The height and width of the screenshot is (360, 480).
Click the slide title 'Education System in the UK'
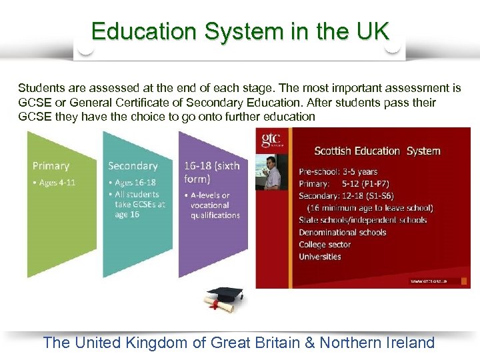pyautogui.click(x=240, y=31)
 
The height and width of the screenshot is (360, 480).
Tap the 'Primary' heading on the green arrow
pyautogui.click(x=51, y=166)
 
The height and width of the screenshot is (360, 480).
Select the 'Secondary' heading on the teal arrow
pyautogui.click(x=133, y=166)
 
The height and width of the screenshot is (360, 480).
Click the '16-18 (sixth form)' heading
pyautogui.click(x=211, y=172)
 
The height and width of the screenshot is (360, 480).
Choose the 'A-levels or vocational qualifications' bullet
pyautogui.click(x=213, y=205)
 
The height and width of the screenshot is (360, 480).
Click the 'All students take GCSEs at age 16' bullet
pyautogui.click(x=139, y=204)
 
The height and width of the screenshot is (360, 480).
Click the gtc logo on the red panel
pyautogui.click(x=271, y=140)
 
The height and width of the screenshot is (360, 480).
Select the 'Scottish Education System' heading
pyautogui.click(x=377, y=151)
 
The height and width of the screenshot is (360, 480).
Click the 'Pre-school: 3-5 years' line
pyautogui.click(x=338, y=171)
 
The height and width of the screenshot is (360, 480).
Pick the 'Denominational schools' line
pyautogui.click(x=343, y=232)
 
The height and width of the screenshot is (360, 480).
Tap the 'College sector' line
pyautogui.click(x=325, y=245)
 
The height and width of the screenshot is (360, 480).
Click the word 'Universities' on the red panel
pyautogui.click(x=320, y=257)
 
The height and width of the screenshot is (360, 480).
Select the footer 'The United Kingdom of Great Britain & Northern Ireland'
pyautogui.click(x=239, y=343)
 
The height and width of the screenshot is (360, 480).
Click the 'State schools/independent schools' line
pyautogui.click(x=363, y=220)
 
